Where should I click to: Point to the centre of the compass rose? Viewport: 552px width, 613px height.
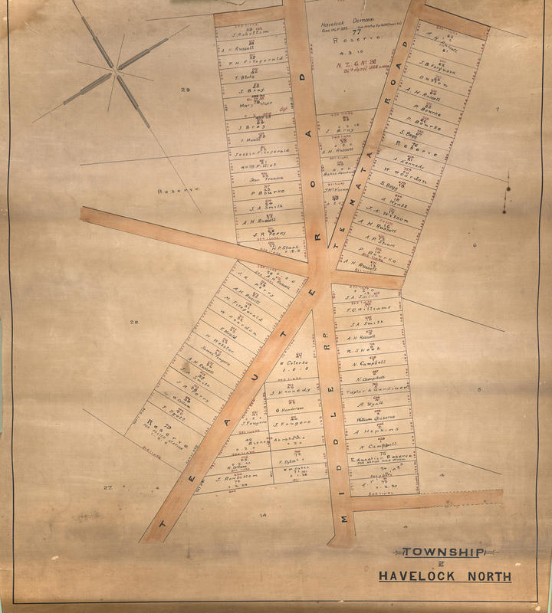click(x=117, y=73)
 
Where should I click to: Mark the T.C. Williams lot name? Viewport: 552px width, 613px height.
click(x=367, y=310)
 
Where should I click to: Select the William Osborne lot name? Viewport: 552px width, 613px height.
click(x=375, y=419)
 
